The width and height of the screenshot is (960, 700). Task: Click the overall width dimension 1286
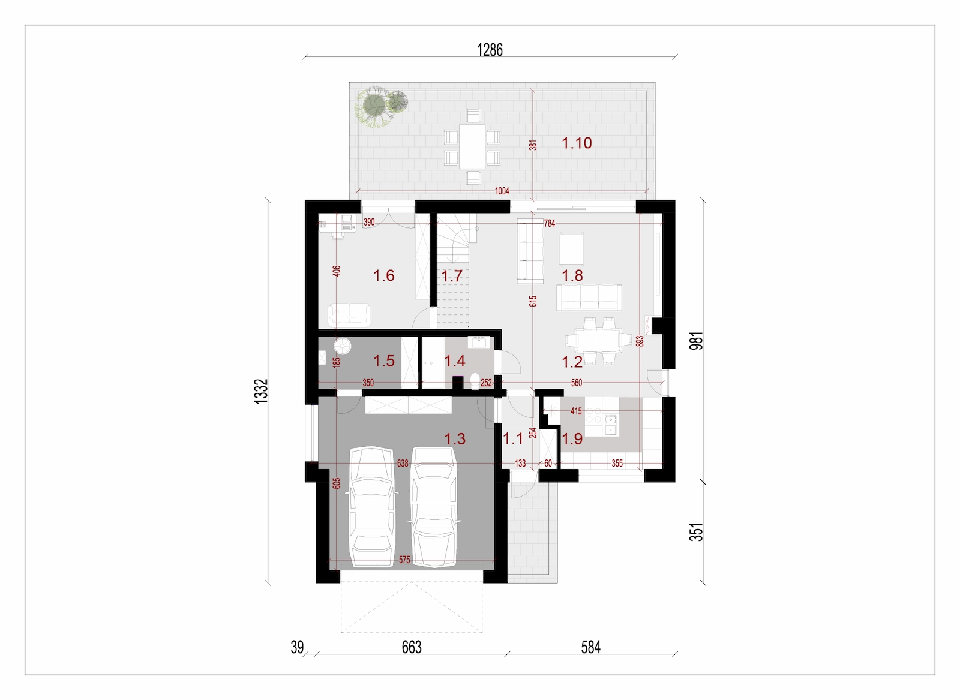coord(490,50)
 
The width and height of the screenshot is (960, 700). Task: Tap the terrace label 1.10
coord(577,143)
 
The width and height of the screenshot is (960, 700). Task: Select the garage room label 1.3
coord(455,438)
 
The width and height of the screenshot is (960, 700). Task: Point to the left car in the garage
coord(371,507)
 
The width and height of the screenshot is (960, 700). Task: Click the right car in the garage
coord(433,507)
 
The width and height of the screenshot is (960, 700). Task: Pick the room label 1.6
coord(383,275)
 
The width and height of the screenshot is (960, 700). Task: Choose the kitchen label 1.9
coord(572,438)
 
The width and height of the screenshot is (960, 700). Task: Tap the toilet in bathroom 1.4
coord(475,380)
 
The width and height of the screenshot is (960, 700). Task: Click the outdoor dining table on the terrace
coord(472,146)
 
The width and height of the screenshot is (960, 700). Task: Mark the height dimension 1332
coord(261,391)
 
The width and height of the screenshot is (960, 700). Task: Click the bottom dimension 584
coord(590,647)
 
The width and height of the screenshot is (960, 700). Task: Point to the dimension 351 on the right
coord(697,533)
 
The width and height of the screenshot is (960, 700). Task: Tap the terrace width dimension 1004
coord(502,191)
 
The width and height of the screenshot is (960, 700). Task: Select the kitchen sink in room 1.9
coord(611,424)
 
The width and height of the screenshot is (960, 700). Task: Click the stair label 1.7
coord(452,276)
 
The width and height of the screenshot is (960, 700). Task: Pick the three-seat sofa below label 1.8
coord(589,298)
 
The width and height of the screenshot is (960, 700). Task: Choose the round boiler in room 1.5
coord(343,346)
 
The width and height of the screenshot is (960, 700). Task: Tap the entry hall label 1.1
coord(512,438)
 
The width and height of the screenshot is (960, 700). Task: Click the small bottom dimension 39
coord(297,647)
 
